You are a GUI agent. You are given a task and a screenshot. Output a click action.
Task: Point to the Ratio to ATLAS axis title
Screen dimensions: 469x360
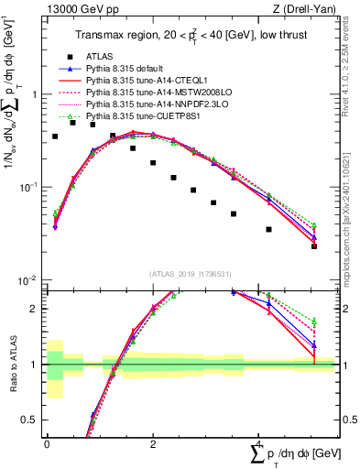click(x=10, y=365)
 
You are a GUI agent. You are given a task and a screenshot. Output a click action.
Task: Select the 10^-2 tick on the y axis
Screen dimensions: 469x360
click(x=28, y=281)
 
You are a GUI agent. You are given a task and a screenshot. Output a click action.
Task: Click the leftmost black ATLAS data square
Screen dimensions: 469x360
click(x=55, y=136)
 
